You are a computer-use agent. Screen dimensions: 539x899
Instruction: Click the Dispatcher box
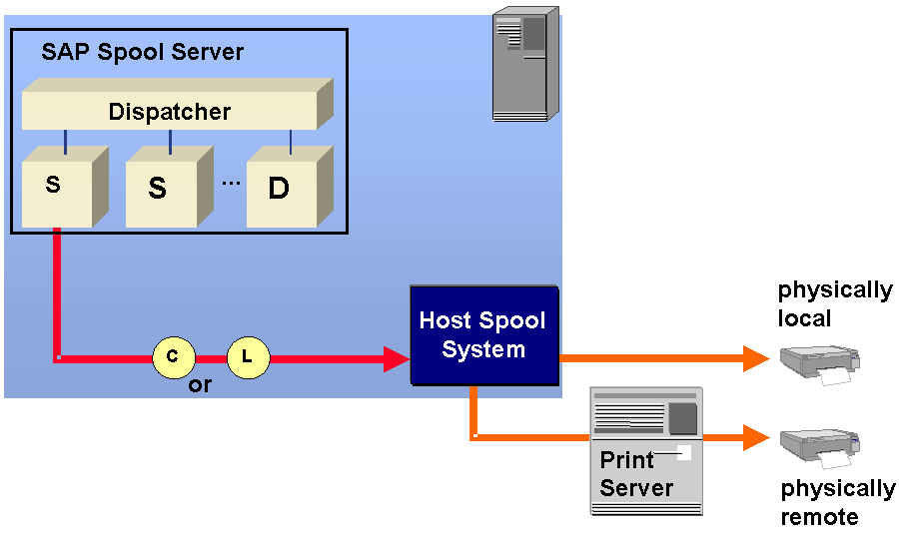click(x=170, y=112)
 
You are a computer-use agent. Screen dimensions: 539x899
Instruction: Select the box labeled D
click(x=279, y=188)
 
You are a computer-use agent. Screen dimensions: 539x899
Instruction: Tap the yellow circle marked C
click(x=173, y=356)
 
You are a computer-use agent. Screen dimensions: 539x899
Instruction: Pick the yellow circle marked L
click(x=249, y=356)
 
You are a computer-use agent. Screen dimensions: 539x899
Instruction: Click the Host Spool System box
click(x=483, y=335)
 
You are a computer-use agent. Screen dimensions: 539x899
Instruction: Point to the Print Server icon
click(x=646, y=450)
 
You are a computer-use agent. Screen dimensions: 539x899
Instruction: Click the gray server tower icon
click(x=525, y=66)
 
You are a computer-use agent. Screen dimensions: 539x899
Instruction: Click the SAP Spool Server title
click(x=142, y=51)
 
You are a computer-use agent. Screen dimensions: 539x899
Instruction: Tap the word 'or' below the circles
click(x=200, y=385)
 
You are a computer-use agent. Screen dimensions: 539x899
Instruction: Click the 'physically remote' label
click(x=837, y=502)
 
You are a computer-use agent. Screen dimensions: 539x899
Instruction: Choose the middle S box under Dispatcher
click(x=159, y=188)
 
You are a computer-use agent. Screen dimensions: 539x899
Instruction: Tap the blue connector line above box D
click(x=291, y=143)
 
